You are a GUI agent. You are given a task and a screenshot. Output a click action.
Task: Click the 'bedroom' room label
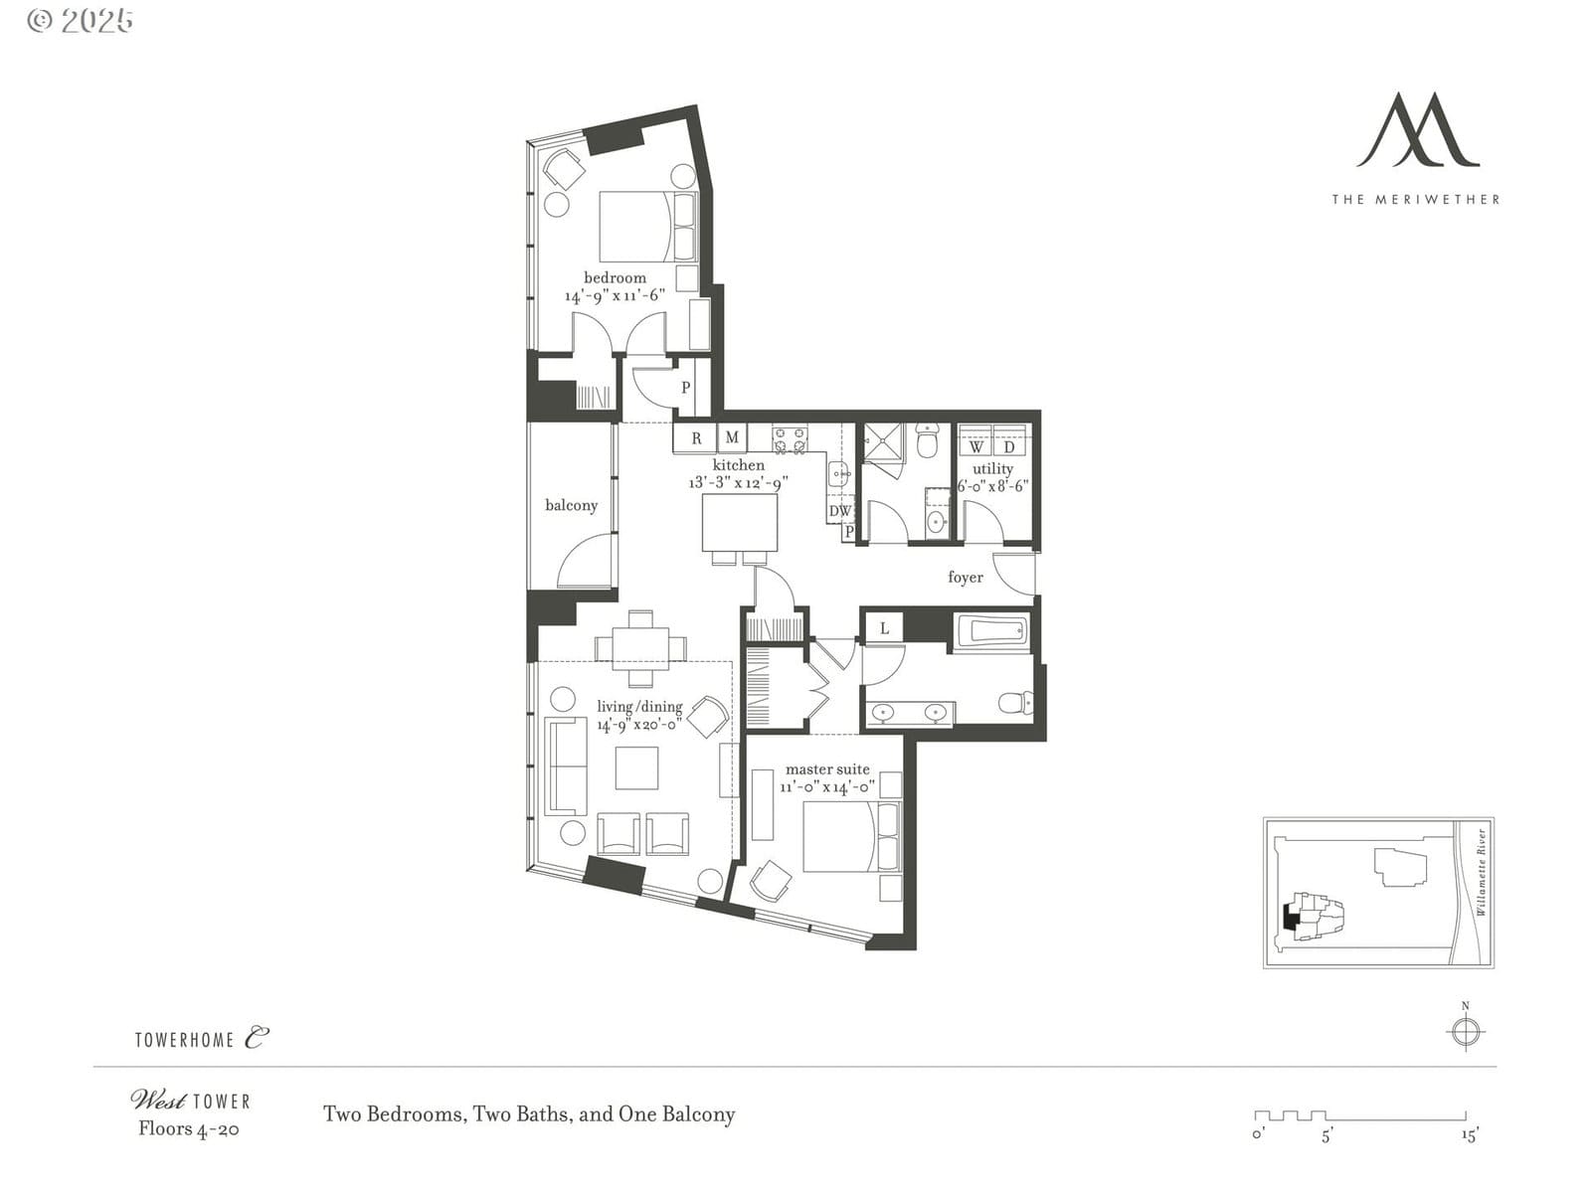615,277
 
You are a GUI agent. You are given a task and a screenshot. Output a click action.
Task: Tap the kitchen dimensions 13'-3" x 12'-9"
738,482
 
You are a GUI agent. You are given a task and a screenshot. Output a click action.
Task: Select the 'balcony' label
571,505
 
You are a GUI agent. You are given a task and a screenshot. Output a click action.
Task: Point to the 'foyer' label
966,577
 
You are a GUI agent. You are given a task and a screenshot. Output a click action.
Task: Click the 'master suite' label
827,769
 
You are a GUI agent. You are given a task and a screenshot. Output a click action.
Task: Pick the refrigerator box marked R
695,438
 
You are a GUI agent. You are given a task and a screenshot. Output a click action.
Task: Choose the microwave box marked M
732,437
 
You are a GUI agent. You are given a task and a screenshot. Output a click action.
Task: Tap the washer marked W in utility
975,440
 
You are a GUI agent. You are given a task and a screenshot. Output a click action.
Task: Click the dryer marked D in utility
1009,440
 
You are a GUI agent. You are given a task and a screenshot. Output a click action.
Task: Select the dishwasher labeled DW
840,511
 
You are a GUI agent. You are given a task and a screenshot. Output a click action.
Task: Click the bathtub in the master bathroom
991,631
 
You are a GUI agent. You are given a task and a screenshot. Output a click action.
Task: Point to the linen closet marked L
884,628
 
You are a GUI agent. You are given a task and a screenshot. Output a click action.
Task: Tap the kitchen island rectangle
740,522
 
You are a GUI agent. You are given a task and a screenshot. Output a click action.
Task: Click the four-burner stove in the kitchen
790,439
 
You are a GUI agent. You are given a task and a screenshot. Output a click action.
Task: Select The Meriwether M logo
1417,130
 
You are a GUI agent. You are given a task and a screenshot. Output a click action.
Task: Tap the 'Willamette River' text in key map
1481,872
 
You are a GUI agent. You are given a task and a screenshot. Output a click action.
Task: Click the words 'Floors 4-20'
189,1129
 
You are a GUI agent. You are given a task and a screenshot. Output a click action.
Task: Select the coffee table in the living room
636,767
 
